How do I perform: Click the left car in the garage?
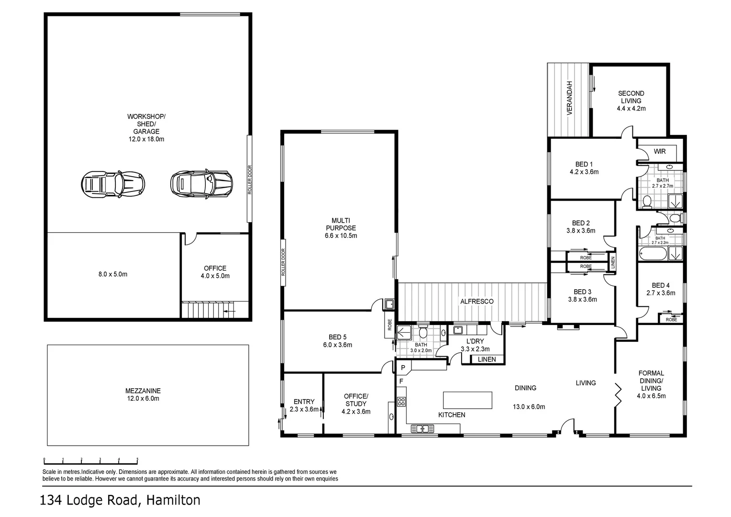pyautogui.click(x=112, y=183)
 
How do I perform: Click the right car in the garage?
pyautogui.click(x=201, y=183)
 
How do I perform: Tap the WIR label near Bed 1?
pyautogui.click(x=660, y=152)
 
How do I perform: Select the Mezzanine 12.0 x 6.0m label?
pyautogui.click(x=146, y=394)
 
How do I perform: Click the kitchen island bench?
pyautogui.click(x=467, y=400)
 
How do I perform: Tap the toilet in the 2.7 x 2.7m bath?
pyautogui.click(x=647, y=202)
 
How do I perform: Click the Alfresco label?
pyautogui.click(x=476, y=302)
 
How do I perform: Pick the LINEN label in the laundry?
pyautogui.click(x=487, y=360)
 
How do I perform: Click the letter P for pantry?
pyautogui.click(x=403, y=368)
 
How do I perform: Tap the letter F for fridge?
pyautogui.click(x=401, y=381)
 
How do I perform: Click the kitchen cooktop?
pyautogui.click(x=401, y=402)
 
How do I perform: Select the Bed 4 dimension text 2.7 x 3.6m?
pyautogui.click(x=661, y=293)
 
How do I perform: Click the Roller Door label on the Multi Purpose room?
pyautogui.click(x=283, y=262)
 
